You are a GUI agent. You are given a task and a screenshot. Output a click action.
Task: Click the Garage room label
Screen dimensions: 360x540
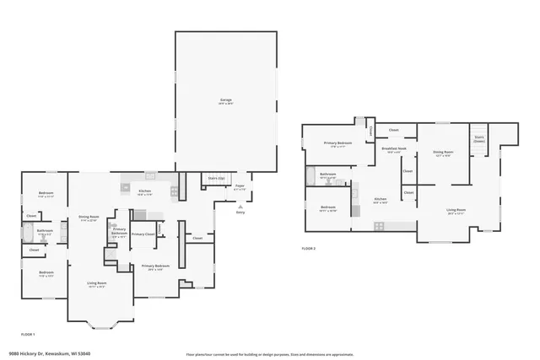pyautogui.click(x=225, y=101)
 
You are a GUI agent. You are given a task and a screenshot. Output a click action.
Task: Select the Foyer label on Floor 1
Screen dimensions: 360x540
pyautogui.click(x=240, y=186)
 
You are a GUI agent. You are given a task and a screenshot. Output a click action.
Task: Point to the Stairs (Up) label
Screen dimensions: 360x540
pyautogui.click(x=216, y=179)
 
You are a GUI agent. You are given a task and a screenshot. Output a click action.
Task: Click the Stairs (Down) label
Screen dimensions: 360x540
pyautogui.click(x=478, y=137)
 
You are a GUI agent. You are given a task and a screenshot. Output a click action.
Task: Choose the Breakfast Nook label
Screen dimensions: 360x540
pyautogui.click(x=394, y=149)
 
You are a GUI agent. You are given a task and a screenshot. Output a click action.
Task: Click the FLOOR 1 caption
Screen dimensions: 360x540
pyautogui.click(x=29, y=335)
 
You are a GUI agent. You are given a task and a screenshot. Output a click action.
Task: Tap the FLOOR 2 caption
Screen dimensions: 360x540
pyautogui.click(x=310, y=248)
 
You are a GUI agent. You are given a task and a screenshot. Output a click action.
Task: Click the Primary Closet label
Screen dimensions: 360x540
pyautogui.click(x=143, y=234)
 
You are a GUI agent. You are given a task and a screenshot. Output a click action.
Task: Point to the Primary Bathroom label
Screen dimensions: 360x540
pyautogui.click(x=119, y=231)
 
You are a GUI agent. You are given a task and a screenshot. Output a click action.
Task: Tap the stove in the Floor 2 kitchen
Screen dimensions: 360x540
pyautogui.click(x=379, y=225)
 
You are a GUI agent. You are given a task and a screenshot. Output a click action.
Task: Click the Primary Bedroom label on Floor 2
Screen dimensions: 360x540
pyautogui.click(x=337, y=143)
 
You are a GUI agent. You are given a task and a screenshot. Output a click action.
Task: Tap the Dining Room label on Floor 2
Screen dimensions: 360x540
pyautogui.click(x=443, y=153)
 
